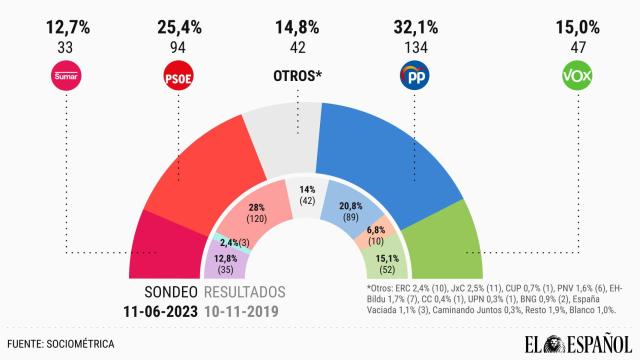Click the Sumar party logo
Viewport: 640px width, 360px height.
65,76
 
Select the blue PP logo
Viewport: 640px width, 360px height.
415,76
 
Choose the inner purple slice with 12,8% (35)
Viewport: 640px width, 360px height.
226,261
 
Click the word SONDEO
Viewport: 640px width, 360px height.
164,292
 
